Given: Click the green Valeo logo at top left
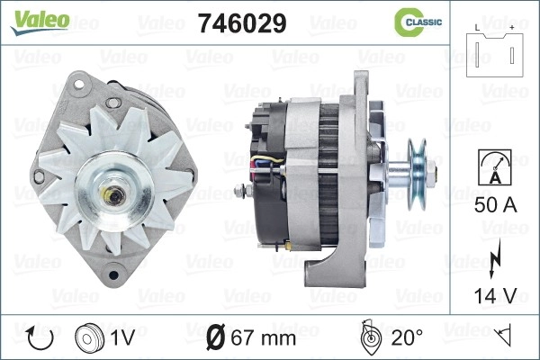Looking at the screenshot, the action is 40,22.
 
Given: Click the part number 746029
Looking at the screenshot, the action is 242,23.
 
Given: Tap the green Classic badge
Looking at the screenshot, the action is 418,22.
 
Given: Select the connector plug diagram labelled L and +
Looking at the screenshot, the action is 494,52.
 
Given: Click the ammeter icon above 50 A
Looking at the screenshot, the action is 495,167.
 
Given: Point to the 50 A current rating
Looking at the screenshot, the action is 496,205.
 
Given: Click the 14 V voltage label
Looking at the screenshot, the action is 496,296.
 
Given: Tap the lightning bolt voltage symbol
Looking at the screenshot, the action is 495,258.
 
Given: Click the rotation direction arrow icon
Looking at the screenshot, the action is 40,338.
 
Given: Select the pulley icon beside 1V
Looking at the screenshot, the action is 89,338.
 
